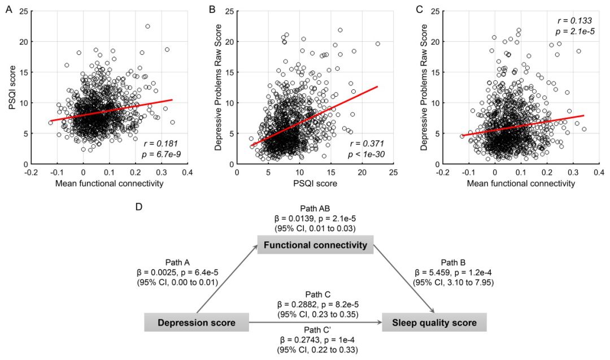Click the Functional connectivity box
tap(316, 245)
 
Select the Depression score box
tap(197, 323)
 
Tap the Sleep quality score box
tap(434, 323)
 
